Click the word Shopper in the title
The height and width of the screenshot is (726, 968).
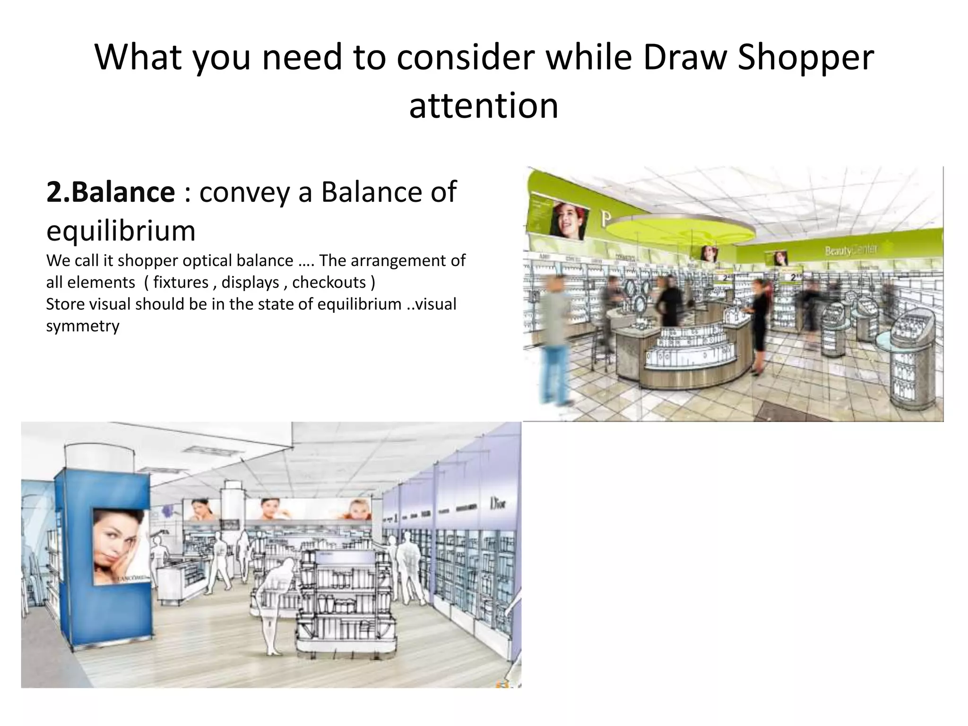point(805,58)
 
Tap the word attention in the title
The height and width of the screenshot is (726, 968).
point(484,105)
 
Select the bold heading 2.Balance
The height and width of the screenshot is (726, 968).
point(111,192)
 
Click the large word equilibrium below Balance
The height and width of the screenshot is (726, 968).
point(121,231)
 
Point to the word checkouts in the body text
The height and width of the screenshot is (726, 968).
point(329,282)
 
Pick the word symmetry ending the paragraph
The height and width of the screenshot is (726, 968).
point(83,326)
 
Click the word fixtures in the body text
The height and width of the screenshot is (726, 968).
point(181,282)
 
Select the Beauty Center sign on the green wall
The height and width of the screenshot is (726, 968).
point(851,250)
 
